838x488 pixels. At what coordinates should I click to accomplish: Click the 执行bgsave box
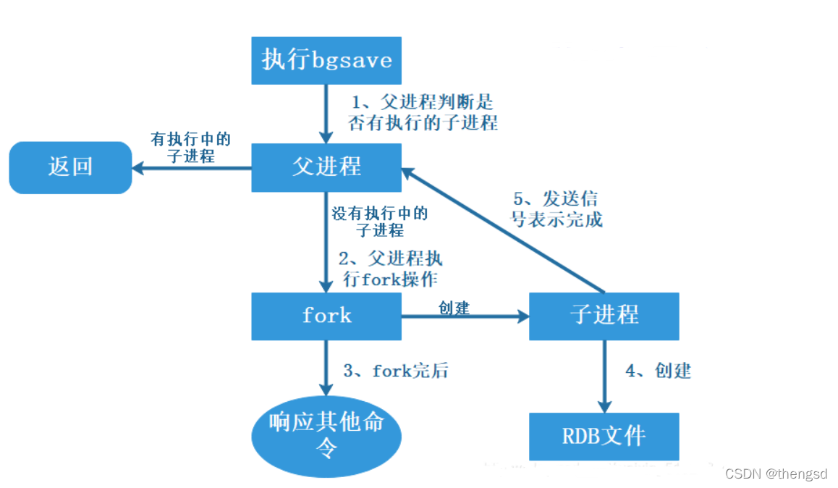click(x=326, y=60)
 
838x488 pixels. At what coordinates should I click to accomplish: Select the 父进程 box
click(x=326, y=167)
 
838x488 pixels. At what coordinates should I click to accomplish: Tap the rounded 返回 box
click(x=70, y=167)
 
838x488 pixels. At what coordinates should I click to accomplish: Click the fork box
click(x=326, y=316)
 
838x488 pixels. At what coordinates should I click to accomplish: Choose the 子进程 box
click(x=604, y=316)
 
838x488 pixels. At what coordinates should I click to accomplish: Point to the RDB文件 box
click(x=604, y=437)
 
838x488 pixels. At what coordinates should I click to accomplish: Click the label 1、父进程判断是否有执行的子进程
click(x=423, y=112)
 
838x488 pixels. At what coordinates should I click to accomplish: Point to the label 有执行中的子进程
click(x=191, y=148)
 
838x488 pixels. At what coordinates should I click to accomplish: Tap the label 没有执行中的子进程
click(x=380, y=222)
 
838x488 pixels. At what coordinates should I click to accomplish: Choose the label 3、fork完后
click(x=395, y=371)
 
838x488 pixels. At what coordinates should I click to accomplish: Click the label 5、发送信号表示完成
click(x=556, y=209)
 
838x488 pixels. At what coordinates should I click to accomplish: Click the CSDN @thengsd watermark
click(x=776, y=474)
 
